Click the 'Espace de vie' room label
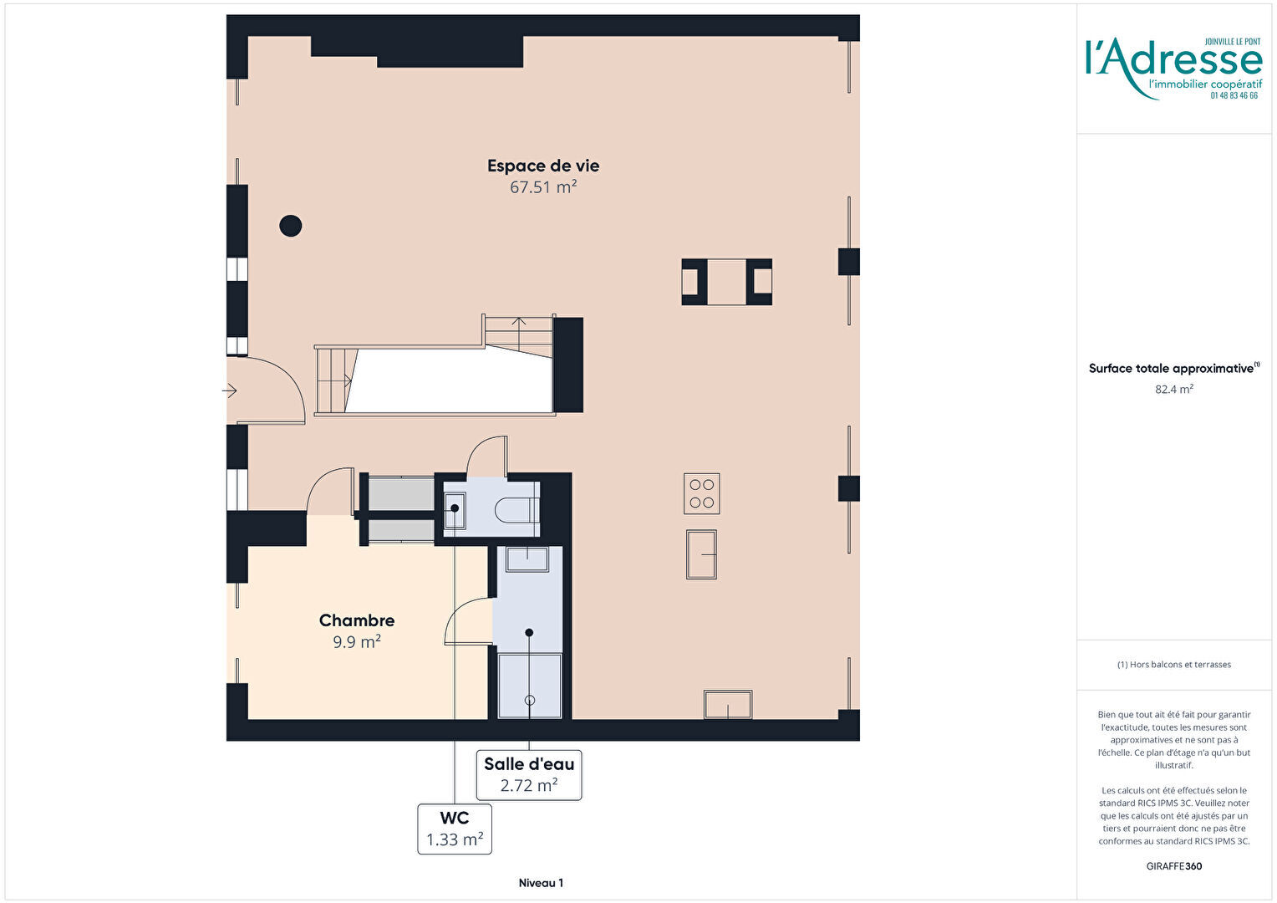click(x=542, y=166)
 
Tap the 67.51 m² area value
click(x=543, y=187)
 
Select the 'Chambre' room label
click(x=357, y=620)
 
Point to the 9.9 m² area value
click(x=357, y=642)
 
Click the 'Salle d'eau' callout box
click(x=529, y=775)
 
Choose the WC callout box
click(x=455, y=829)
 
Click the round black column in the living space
click(x=291, y=226)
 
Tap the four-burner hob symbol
click(x=702, y=493)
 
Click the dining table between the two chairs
click(x=727, y=282)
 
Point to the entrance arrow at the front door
click(x=230, y=390)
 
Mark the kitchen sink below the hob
click(x=701, y=554)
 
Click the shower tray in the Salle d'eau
click(x=530, y=686)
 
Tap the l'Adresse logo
click(x=1174, y=69)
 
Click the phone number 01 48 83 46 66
click(x=1234, y=96)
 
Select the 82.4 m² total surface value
click(x=1174, y=389)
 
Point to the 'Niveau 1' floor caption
click(x=541, y=883)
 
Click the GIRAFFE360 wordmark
click(x=1174, y=866)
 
